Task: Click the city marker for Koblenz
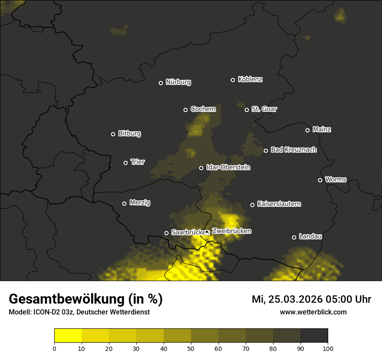tap(233, 80)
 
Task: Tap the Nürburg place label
tap(178, 82)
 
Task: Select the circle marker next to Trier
tap(126, 163)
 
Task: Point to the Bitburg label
tap(129, 134)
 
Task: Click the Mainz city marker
tap(308, 130)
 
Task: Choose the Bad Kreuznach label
tap(293, 150)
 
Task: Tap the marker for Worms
tap(320, 180)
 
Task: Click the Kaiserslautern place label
tap(279, 204)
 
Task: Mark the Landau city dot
tap(294, 237)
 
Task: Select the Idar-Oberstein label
tap(228, 167)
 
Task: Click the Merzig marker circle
tap(125, 203)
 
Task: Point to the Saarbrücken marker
tap(166, 233)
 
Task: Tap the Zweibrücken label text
tap(231, 231)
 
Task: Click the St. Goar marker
tap(247, 110)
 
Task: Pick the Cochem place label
tap(203, 109)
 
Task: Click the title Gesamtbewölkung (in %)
tap(86, 299)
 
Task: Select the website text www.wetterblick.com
tap(313, 312)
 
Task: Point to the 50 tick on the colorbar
tap(191, 348)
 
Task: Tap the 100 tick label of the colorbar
tap(328, 348)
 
